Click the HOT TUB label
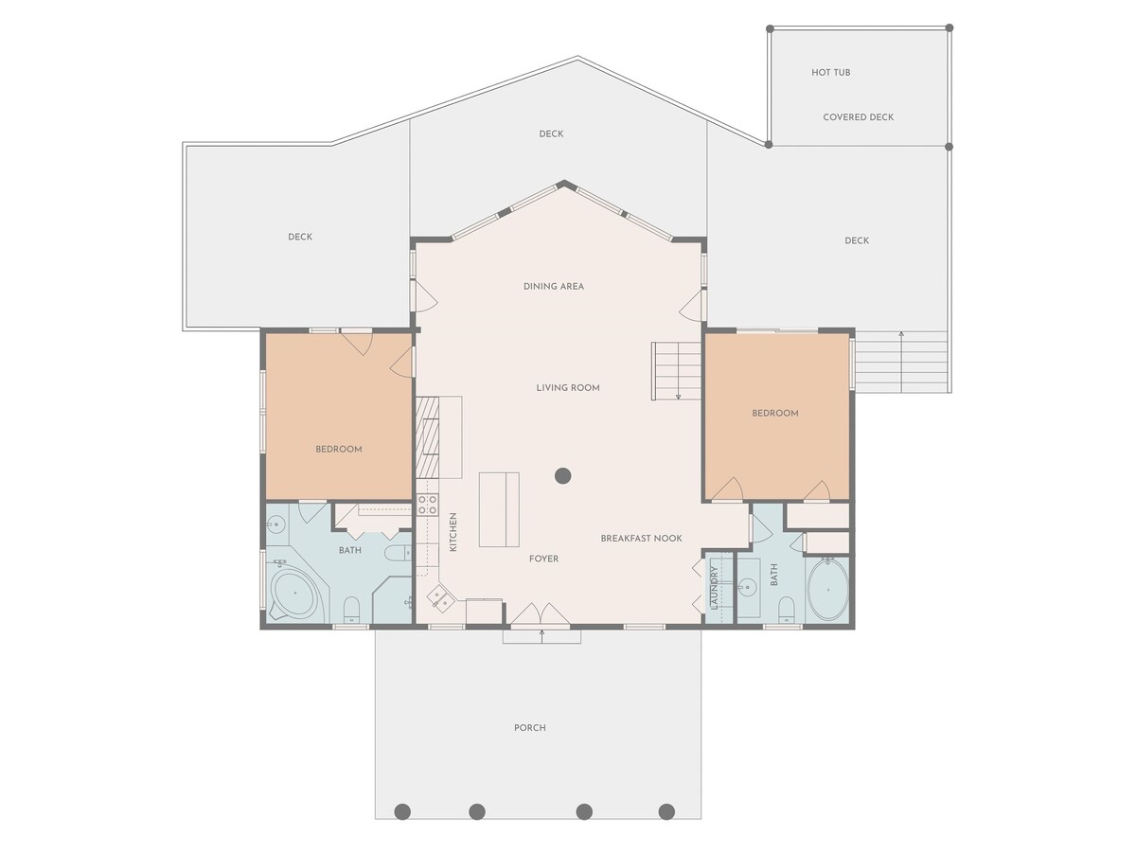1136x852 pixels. tap(830, 73)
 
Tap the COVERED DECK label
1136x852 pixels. tap(858, 117)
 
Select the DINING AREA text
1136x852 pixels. tap(553, 286)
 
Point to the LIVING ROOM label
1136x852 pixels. tap(568, 387)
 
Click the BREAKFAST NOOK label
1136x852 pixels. tap(641, 538)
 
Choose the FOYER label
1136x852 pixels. tap(543, 559)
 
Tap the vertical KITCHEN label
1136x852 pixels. tap(453, 532)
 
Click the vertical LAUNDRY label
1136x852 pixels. tap(714, 588)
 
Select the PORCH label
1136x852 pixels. tap(529, 728)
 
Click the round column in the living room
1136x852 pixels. tap(562, 476)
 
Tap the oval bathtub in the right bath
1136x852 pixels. tap(828, 590)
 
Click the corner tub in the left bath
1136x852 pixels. tap(294, 593)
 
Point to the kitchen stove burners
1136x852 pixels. tap(428, 505)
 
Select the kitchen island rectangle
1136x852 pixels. tap(498, 509)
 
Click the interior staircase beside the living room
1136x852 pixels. tap(676, 371)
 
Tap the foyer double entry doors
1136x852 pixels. tap(541, 613)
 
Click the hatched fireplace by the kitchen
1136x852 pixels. tap(428, 437)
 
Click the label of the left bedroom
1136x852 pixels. tap(339, 449)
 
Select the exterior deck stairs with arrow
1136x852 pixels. tap(901, 363)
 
